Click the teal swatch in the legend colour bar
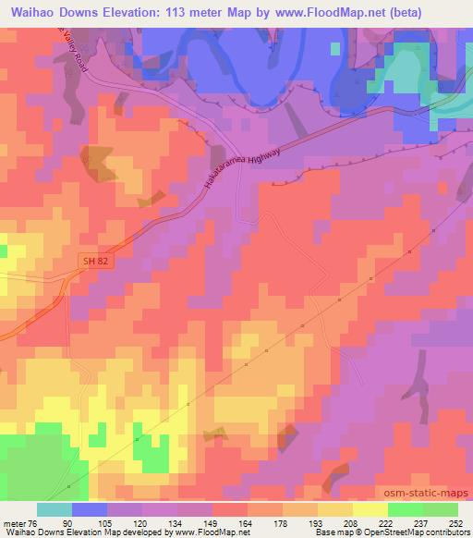[x=54, y=509]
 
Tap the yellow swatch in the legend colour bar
[x=370, y=509]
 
